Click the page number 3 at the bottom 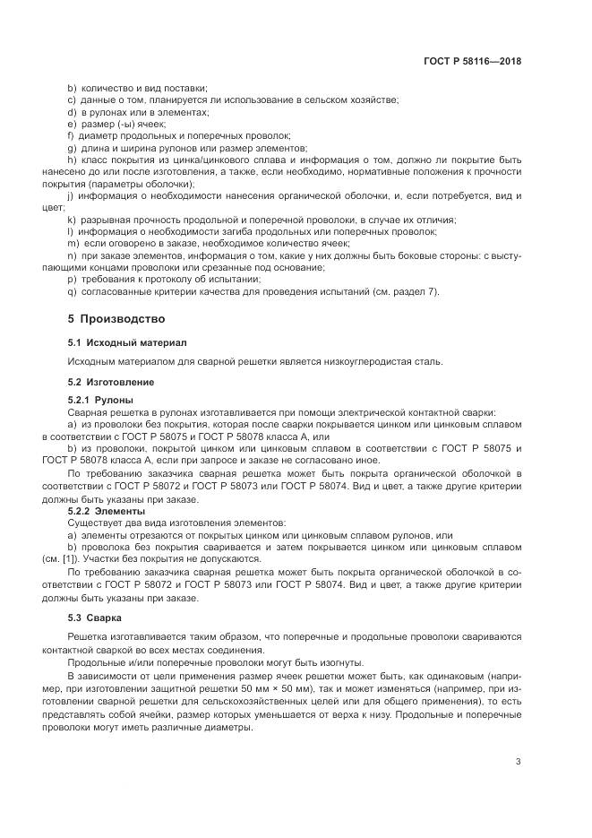coord(518,762)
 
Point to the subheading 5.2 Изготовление coord(111,382)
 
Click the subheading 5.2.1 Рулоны coord(101,399)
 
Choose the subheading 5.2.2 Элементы coord(107,510)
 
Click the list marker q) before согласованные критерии coord(72,291)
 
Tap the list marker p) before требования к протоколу coord(72,280)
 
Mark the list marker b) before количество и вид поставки coord(72,88)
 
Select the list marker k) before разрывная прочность coord(71,220)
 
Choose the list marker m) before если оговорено coord(73,243)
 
